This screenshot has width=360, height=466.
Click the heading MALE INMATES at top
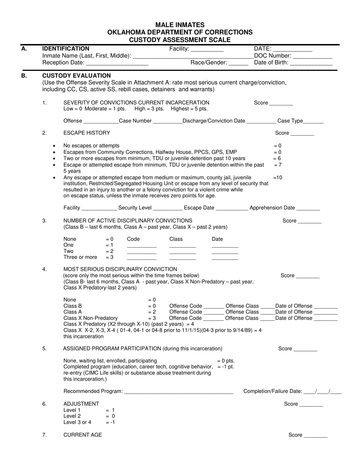pyautogui.click(x=180, y=25)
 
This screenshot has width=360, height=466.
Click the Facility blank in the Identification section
pyautogui.click(x=207, y=49)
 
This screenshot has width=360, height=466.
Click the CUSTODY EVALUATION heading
pyautogui.click(x=77, y=75)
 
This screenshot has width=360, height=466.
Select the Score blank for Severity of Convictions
pyautogui.click(x=281, y=103)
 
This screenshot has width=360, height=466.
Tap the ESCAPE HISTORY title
pyautogui.click(x=87, y=133)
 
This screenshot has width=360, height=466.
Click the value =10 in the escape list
pyautogui.click(x=277, y=177)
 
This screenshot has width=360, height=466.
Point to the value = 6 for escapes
pyautogui.click(x=277, y=158)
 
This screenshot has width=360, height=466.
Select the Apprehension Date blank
pyautogui.click(x=308, y=208)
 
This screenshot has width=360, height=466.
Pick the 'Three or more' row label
pyautogui.click(x=80, y=257)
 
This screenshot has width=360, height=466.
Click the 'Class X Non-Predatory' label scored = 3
pyautogui.click(x=91, y=318)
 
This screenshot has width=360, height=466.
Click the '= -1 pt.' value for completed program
pyautogui.click(x=226, y=367)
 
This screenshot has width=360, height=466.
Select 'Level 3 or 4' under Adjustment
pyautogui.click(x=77, y=422)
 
